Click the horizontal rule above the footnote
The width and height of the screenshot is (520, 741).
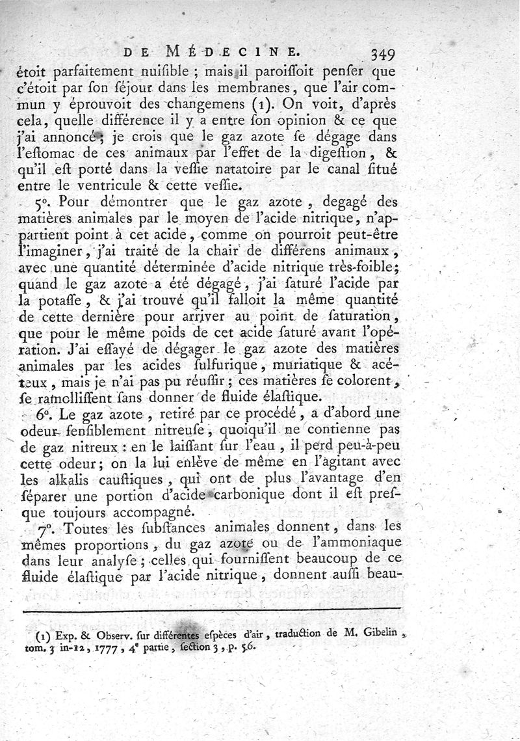pyautogui.click(x=211, y=610)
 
